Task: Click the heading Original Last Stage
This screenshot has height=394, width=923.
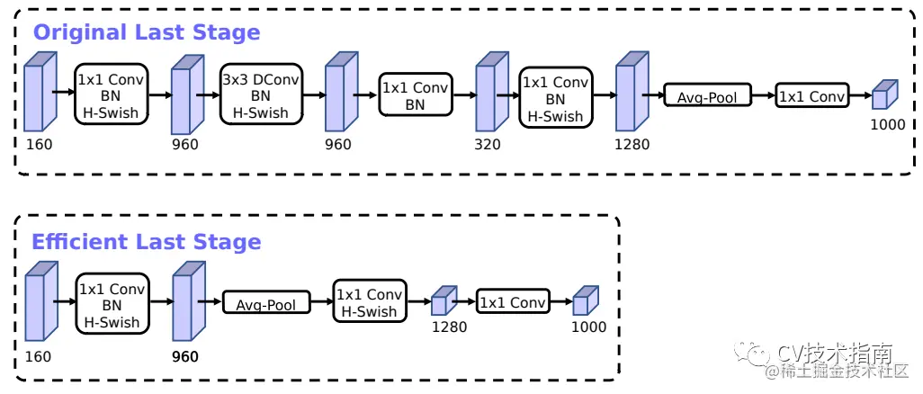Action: tap(147, 32)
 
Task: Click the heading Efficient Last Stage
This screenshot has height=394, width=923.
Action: tap(147, 242)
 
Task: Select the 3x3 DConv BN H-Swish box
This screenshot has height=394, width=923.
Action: tap(260, 96)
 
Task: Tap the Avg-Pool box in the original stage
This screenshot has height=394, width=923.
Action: tap(707, 96)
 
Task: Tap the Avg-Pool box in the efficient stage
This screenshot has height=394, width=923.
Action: tap(265, 304)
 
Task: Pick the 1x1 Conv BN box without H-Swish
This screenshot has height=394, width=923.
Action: tap(415, 95)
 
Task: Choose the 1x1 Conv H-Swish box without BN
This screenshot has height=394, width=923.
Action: tap(370, 303)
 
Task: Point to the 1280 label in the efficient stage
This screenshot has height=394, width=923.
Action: tap(449, 327)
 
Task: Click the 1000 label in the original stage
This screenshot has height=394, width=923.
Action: tap(887, 125)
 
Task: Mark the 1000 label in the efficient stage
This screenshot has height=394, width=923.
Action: tap(588, 327)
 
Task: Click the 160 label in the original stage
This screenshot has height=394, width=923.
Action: tap(39, 144)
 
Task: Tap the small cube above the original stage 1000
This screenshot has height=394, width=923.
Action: tap(884, 95)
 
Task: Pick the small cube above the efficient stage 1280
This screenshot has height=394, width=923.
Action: tap(444, 302)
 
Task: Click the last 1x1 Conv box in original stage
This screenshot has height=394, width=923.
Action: tap(811, 96)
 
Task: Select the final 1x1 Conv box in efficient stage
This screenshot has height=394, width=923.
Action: tap(513, 303)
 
